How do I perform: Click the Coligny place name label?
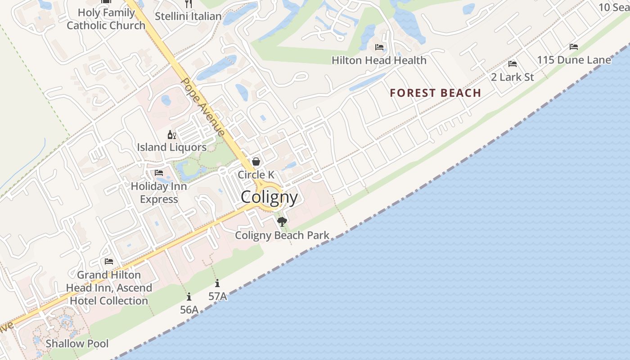tap(269, 197)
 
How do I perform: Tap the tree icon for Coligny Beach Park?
tap(282, 221)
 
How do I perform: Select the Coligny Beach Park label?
tap(282, 235)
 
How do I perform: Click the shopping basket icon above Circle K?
tap(256, 162)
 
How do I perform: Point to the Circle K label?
tap(256, 175)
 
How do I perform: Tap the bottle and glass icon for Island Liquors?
tap(171, 135)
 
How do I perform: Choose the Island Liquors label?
tap(172, 147)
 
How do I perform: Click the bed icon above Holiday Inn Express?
tap(159, 173)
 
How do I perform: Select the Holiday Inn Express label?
tap(159, 193)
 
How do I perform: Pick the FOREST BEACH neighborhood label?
tap(435, 93)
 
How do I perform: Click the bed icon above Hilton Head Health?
tap(379, 47)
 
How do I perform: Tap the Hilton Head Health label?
tap(379, 60)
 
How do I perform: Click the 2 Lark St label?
tap(512, 77)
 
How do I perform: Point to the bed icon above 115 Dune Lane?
tap(574, 47)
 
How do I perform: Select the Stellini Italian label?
tap(188, 16)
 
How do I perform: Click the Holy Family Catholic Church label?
tap(106, 19)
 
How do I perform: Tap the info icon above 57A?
tap(217, 283)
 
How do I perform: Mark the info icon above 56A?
tap(189, 297)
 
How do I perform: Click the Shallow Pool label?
tap(77, 344)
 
